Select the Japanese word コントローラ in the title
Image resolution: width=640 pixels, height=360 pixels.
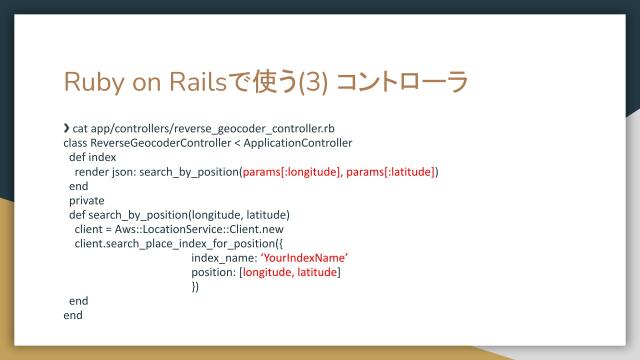click(416, 81)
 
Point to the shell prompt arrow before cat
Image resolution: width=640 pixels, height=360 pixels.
click(66, 129)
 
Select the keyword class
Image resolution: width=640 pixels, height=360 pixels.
click(75, 143)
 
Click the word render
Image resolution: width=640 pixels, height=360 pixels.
click(91, 172)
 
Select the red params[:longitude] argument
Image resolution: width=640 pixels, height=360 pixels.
click(293, 172)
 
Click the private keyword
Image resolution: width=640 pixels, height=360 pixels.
click(87, 200)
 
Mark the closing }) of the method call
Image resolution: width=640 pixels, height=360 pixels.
click(195, 286)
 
